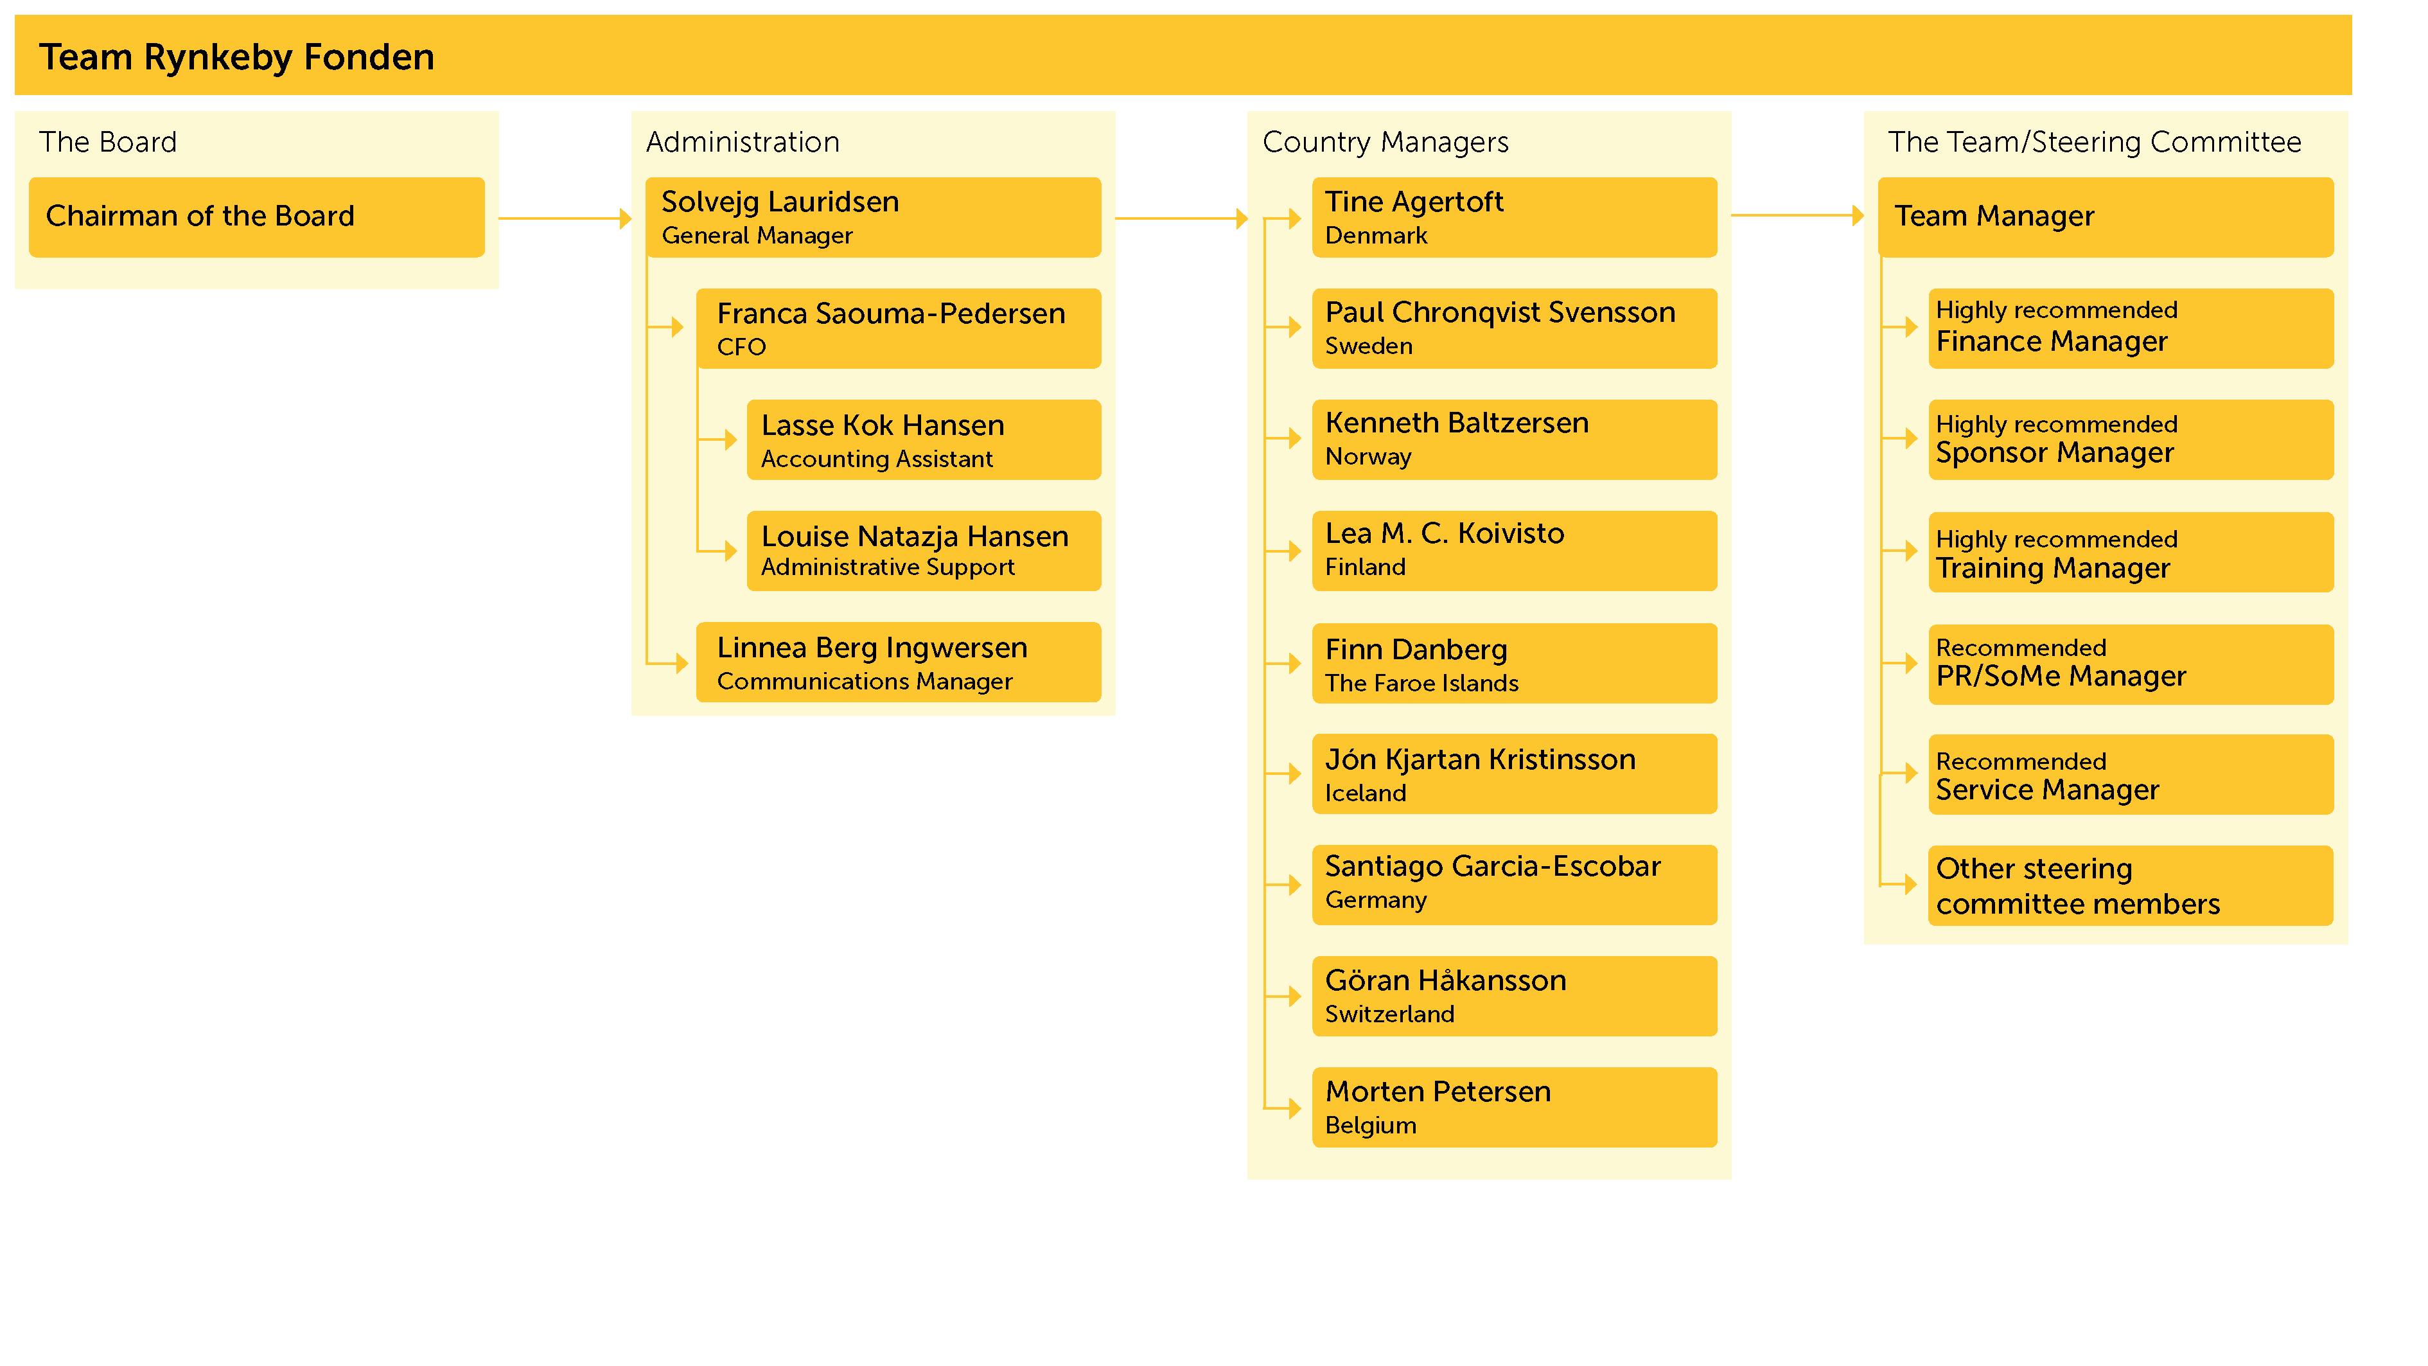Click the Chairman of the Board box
tap(256, 217)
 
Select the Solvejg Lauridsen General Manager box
tap(873, 217)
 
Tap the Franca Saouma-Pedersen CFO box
tap(898, 328)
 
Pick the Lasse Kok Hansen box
tap(924, 439)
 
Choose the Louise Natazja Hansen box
tap(924, 551)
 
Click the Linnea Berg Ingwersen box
tap(898, 662)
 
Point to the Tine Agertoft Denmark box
tap(1514, 217)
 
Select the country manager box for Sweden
tap(1514, 328)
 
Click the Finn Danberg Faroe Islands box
tap(1514, 662)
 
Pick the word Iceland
tap(1365, 793)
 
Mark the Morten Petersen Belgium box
tap(1514, 1107)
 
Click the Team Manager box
tap(2106, 217)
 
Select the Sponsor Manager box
tap(2131, 439)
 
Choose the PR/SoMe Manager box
tap(2131, 664)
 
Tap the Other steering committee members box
tap(2131, 885)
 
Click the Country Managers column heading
tap(1385, 143)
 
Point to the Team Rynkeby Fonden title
tap(236, 58)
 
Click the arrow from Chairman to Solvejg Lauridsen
tap(565, 218)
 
